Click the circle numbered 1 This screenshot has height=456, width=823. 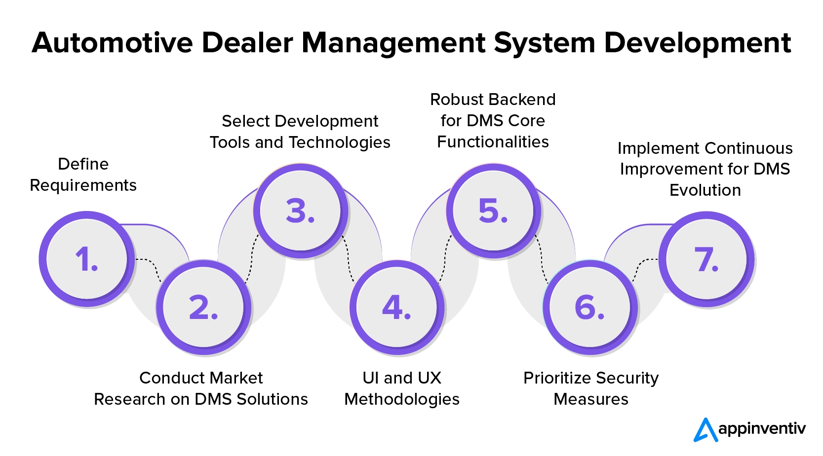click(x=87, y=259)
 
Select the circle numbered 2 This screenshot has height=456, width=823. click(x=203, y=307)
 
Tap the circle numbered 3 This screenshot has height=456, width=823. click(x=300, y=210)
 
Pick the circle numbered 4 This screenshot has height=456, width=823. click(x=396, y=307)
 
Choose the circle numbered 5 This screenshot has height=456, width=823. click(x=493, y=210)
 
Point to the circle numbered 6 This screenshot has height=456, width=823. click(x=589, y=307)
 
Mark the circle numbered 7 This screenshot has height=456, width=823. click(x=706, y=259)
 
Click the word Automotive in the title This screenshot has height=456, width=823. click(x=112, y=43)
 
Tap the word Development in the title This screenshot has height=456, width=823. click(x=697, y=43)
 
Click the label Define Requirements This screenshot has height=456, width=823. click(x=83, y=175)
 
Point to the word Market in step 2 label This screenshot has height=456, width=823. click(x=235, y=378)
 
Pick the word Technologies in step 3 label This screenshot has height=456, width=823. click(x=340, y=142)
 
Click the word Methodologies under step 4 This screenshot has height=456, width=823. click(x=402, y=399)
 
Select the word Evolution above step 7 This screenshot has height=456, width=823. click(x=705, y=190)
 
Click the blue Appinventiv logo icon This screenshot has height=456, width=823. click(x=705, y=430)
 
